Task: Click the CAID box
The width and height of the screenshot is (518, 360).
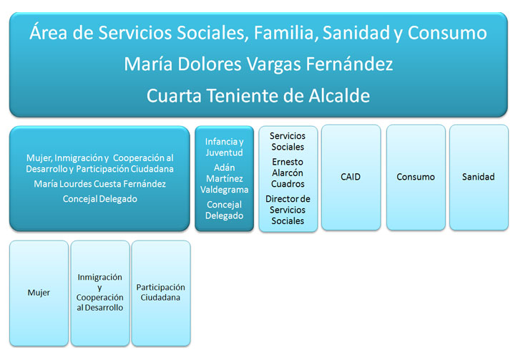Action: click(351, 177)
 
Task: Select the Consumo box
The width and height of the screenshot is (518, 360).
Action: click(416, 177)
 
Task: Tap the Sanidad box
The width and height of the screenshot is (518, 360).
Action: click(478, 177)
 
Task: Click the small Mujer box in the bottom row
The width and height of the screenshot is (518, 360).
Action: click(39, 293)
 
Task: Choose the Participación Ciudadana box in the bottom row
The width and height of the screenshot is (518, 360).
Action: click(160, 293)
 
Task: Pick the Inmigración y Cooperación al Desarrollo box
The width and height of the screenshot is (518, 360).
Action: click(99, 293)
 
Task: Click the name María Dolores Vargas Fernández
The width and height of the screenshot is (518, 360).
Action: click(258, 64)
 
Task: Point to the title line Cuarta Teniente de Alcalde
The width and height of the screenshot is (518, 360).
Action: click(258, 96)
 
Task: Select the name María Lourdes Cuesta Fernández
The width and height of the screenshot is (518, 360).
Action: click(99, 185)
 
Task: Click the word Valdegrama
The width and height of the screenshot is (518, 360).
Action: click(224, 190)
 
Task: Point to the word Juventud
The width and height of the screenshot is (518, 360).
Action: click(224, 152)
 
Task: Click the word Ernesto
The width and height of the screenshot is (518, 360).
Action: click(288, 162)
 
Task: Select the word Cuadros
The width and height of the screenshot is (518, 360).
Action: click(288, 184)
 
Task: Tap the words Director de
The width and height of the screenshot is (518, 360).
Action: click(288, 199)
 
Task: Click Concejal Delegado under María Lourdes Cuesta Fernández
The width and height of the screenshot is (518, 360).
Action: click(99, 200)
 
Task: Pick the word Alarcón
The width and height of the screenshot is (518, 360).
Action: click(288, 172)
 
